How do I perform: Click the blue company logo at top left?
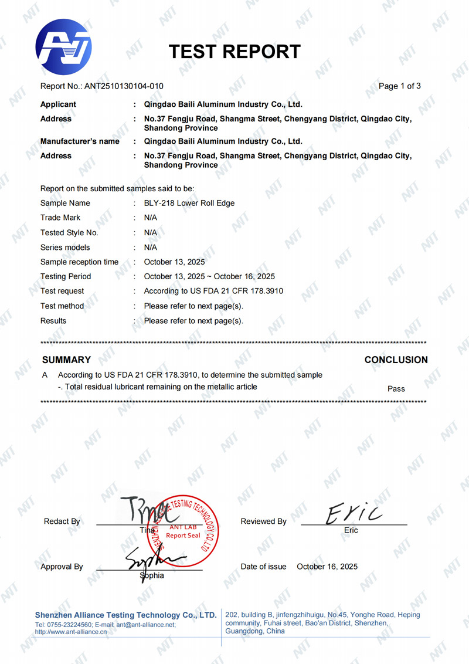point(63,47)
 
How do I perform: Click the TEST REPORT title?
point(235,52)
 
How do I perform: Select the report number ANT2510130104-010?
point(124,86)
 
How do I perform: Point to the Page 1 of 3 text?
point(400,86)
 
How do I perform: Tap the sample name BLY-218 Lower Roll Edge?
point(189,203)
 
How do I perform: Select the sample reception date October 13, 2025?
point(174,262)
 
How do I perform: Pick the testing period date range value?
point(209,276)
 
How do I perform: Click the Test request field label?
point(62,291)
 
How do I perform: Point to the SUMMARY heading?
point(67,360)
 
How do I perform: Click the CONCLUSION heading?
point(396,360)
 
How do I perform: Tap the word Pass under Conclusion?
point(396,388)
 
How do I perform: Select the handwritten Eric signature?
point(354,515)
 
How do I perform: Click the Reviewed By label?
point(264,521)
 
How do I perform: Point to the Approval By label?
point(62,567)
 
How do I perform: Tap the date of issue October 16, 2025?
point(327,567)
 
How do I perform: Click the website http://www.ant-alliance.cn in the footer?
point(71,632)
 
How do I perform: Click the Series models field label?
point(65,247)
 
